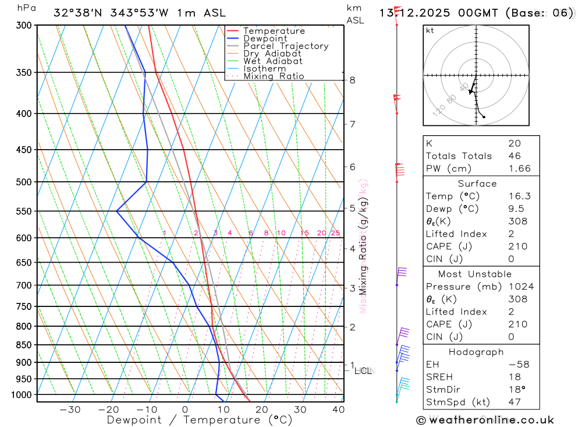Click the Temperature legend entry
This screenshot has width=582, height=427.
(274, 31)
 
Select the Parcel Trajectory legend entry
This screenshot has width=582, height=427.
(286, 46)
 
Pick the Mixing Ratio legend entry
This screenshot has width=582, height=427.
(274, 76)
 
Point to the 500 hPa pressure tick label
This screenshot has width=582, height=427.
(25, 182)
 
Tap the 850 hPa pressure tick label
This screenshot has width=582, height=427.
(25, 345)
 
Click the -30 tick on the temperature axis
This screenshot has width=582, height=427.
(70, 409)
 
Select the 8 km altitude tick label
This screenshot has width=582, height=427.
(352, 80)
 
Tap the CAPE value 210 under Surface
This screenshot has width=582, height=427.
(517, 246)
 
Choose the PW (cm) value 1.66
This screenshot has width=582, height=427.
(519, 169)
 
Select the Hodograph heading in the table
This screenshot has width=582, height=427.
(477, 352)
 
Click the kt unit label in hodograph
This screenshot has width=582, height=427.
(430, 30)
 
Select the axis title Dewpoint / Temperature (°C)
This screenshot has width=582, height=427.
(200, 419)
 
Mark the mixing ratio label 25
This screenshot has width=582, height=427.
(335, 233)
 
